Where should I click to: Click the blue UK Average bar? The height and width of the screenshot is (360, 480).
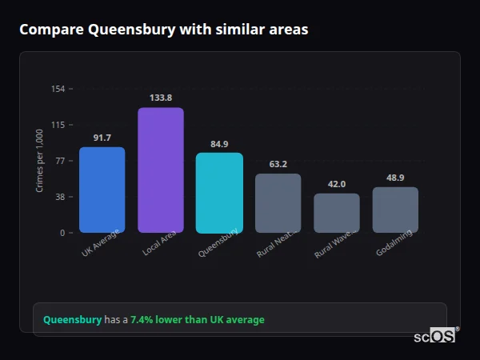pyautogui.click(x=102, y=190)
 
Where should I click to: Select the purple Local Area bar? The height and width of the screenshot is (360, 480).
pyautogui.click(x=161, y=170)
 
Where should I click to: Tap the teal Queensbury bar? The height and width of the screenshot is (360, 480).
pyautogui.click(x=219, y=193)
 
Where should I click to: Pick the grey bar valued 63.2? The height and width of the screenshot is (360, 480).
pyautogui.click(x=278, y=203)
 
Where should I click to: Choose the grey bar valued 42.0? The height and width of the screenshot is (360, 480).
pyautogui.click(x=337, y=213)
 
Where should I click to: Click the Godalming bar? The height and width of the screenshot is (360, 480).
pyautogui.click(x=395, y=210)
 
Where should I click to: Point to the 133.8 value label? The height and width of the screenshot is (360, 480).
pyautogui.click(x=161, y=98)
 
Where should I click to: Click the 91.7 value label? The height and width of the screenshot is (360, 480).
pyautogui.click(x=102, y=138)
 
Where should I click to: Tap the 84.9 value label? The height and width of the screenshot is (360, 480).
pyautogui.click(x=219, y=144)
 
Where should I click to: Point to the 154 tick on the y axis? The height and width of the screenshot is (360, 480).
pyautogui.click(x=58, y=89)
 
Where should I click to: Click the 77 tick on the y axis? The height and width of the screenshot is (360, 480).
pyautogui.click(x=61, y=161)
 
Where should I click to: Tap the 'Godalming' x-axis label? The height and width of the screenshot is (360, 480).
pyautogui.click(x=394, y=244)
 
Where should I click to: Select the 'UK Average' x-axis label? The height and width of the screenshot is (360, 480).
pyautogui.click(x=100, y=243)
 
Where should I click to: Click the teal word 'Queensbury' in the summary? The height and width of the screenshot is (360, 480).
pyautogui.click(x=72, y=320)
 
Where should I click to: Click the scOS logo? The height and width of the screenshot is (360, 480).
pyautogui.click(x=434, y=337)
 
